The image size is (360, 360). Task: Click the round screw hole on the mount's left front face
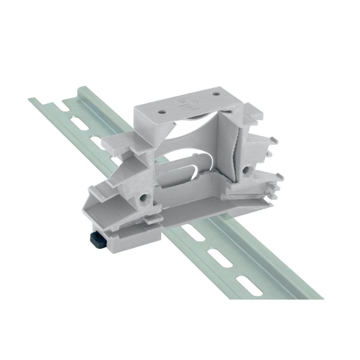click(144, 197)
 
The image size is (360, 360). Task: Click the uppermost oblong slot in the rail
click(65, 107)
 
